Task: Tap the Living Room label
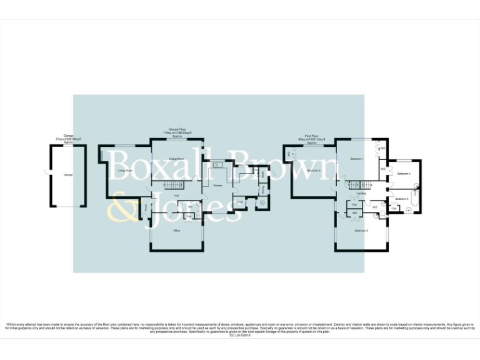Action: tap(125, 170)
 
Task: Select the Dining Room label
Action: tap(177, 159)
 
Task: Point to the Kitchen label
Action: tap(217, 186)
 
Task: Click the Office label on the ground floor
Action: tap(176, 231)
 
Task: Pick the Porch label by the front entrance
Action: tap(146, 206)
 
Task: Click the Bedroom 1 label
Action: tap(356, 159)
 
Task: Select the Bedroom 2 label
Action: tap(361, 231)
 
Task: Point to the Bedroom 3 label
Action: tap(314, 170)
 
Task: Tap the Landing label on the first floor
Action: tap(361, 194)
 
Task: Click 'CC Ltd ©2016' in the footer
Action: tap(240, 335)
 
